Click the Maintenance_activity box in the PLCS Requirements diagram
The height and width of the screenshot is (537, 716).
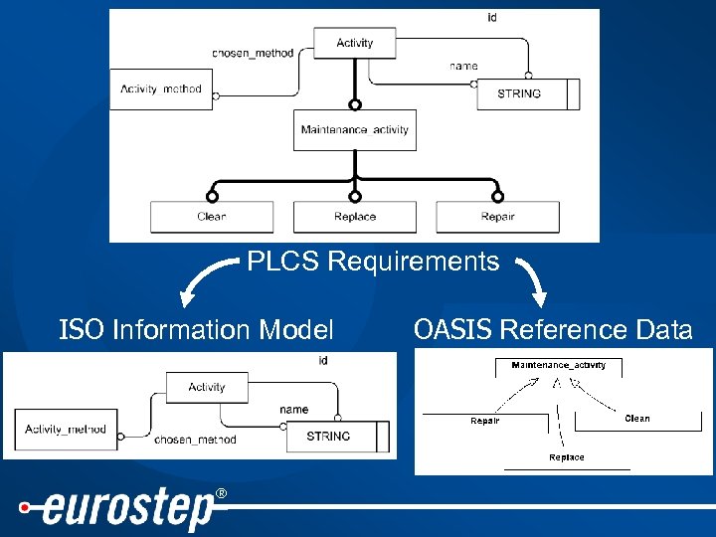[x=354, y=130]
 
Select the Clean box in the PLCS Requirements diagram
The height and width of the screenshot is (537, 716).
[x=211, y=217]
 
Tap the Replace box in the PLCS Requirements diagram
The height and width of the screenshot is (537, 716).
[x=354, y=217]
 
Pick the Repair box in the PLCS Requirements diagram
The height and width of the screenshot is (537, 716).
[x=497, y=217]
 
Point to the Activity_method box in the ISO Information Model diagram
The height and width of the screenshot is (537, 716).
[x=66, y=430]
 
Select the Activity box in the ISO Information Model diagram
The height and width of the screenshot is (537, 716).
[x=206, y=387]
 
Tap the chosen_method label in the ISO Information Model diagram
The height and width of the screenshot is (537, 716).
[x=195, y=439]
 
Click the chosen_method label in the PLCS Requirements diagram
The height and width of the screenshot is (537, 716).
[x=253, y=53]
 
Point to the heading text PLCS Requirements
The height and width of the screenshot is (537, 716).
[x=373, y=262]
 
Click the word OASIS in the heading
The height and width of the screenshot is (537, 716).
[x=452, y=329]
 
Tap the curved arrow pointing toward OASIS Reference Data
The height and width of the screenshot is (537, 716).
[x=530, y=281]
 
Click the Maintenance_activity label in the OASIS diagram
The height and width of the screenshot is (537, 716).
[x=558, y=365]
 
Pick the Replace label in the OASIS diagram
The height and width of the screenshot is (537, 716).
[x=567, y=457]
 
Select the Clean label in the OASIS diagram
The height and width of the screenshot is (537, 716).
[x=637, y=419]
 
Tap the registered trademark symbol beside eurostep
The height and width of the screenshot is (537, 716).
[x=221, y=494]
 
